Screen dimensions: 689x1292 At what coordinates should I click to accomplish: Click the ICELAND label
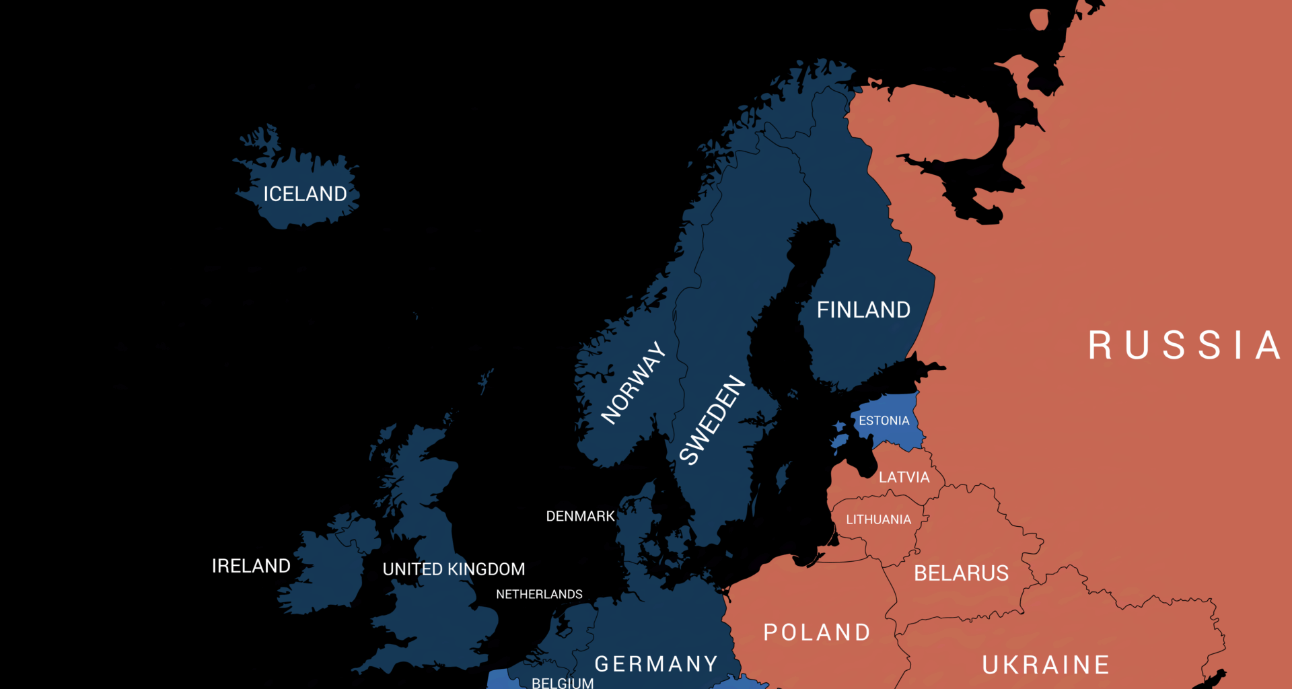[305, 194]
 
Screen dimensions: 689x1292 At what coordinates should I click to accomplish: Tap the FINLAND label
[863, 310]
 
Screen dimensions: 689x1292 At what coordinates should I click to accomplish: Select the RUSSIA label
[1184, 345]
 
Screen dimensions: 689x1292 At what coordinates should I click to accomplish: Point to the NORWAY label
[633, 383]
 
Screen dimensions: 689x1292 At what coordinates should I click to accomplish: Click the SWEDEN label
[713, 420]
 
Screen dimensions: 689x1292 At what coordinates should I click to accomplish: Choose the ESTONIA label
[884, 421]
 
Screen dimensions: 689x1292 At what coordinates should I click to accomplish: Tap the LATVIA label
[904, 477]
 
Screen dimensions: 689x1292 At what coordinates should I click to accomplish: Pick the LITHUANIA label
[878, 519]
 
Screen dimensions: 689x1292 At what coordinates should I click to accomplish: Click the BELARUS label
[961, 573]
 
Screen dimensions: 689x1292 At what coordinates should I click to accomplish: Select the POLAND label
[817, 632]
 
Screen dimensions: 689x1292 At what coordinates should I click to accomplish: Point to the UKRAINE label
[1046, 665]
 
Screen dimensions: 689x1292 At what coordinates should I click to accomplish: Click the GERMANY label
[657, 664]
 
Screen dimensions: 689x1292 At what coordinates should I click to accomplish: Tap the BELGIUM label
[563, 683]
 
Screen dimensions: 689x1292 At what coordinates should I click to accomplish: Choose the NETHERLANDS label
[539, 594]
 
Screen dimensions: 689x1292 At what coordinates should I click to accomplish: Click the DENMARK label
[580, 516]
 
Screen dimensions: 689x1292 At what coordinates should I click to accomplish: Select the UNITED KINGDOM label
[454, 569]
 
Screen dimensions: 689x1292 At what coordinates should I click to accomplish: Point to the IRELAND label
[251, 566]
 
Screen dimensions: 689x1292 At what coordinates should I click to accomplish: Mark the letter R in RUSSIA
[1100, 345]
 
